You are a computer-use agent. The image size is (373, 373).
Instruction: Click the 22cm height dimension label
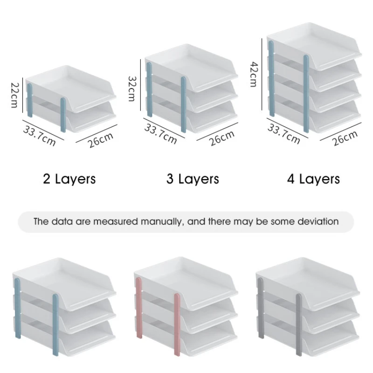coord(14,95)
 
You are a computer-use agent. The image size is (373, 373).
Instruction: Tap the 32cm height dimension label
coord(131,89)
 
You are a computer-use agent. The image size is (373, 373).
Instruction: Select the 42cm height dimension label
coord(254,74)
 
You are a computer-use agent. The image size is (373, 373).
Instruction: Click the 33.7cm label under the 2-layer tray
coord(40,136)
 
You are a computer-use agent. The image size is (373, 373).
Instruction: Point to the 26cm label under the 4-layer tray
coord(345,138)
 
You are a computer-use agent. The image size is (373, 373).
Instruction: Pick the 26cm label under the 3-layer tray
coord(222,138)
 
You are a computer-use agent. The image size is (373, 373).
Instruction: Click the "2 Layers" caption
coord(69,179)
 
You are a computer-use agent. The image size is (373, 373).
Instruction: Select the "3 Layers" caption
coord(193,179)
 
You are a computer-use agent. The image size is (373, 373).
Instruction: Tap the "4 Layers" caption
coord(313,179)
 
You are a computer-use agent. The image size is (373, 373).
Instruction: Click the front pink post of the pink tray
coord(177,325)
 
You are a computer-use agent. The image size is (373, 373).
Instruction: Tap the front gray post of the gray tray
coord(299,325)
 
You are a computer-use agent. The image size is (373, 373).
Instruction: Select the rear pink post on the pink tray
coord(139,308)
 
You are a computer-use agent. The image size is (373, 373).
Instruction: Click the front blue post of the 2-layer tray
coord(63,115)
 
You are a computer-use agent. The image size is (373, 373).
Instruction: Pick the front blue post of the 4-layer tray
coord(306,94)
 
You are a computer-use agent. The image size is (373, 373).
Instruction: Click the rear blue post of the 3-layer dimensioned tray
coord(149,90)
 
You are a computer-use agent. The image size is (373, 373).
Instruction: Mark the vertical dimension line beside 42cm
coord(262,75)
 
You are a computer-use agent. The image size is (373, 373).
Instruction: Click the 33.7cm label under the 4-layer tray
coord(284,134)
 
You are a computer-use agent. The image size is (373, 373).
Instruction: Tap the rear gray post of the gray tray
coord(261,308)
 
